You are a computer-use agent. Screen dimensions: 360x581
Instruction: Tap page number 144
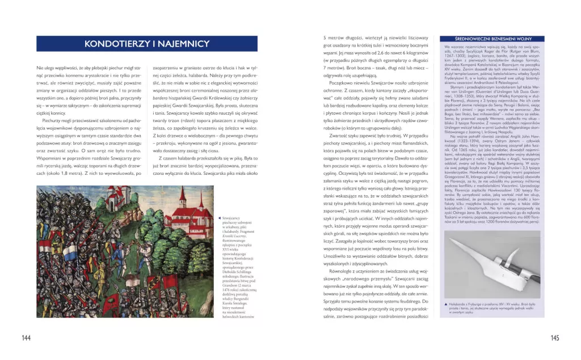[26, 338]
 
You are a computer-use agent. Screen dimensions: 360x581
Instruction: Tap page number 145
[554, 338]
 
